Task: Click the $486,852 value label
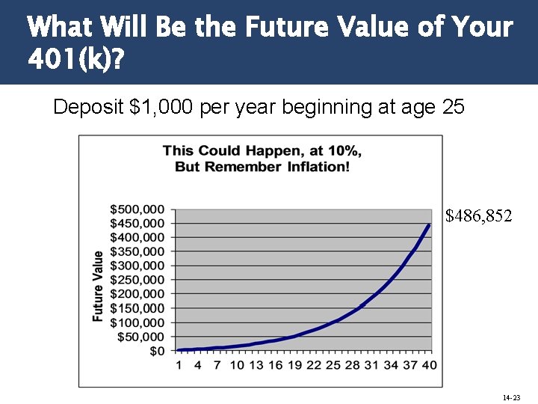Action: [479, 216]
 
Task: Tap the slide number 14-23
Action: [512, 397]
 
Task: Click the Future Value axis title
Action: [98, 287]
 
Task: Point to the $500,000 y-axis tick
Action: [137, 209]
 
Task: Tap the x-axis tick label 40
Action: [429, 365]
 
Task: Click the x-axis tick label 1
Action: [179, 365]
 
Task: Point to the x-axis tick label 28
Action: [352, 365]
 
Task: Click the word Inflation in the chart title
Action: [317, 165]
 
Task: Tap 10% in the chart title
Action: [344, 150]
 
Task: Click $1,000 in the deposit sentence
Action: [163, 107]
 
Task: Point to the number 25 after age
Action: [454, 107]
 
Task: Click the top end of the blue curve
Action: [429, 225]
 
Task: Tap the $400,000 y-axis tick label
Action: [137, 237]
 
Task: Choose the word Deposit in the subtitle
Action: [88, 107]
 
